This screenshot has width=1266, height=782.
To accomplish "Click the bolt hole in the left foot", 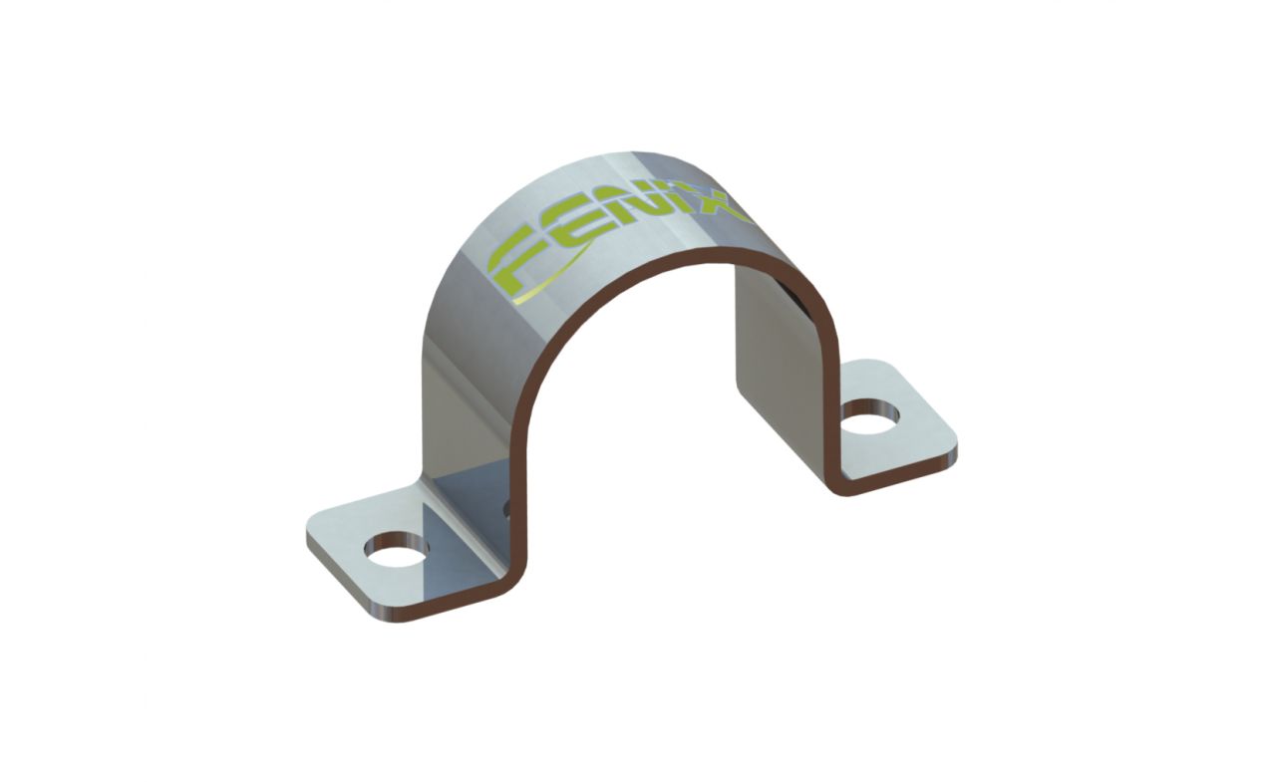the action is (x=398, y=549).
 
